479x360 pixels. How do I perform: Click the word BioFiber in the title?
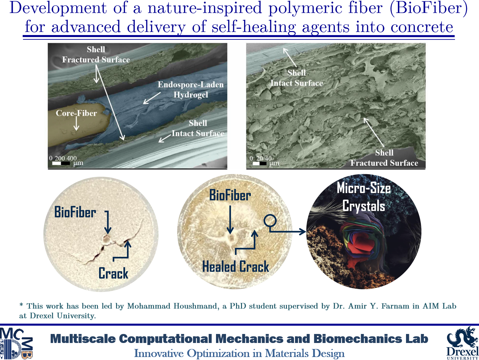(429, 8)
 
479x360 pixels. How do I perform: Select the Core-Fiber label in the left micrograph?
(76, 113)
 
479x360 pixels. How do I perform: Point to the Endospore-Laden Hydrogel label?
(191, 89)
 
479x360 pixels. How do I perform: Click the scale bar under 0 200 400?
(61, 163)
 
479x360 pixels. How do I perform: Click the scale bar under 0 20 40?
(260, 163)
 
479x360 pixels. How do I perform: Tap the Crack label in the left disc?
(113, 273)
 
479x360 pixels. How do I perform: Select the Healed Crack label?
(236, 267)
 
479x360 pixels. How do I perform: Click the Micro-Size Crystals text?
(364, 197)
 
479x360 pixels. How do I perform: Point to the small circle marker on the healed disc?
(270, 221)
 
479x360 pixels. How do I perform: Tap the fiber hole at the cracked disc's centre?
(106, 240)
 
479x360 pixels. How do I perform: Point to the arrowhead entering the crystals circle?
(303, 232)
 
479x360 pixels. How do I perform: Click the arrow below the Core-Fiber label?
(76, 123)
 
